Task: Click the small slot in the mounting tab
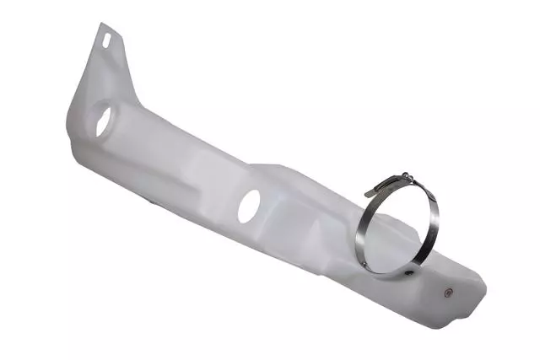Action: (107, 39)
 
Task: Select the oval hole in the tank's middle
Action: (249, 206)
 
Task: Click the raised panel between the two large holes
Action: (181, 169)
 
